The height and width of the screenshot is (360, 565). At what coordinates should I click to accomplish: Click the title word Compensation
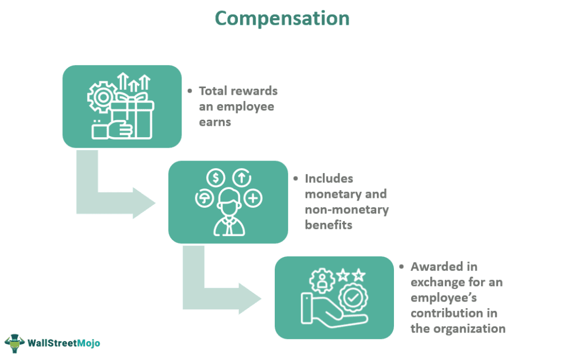[282, 18]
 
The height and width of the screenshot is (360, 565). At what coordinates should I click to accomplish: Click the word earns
[215, 121]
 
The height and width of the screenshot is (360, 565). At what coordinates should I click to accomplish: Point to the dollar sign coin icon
[215, 178]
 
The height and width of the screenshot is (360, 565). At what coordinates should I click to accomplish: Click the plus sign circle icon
[253, 198]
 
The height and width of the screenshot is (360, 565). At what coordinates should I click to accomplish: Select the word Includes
[329, 179]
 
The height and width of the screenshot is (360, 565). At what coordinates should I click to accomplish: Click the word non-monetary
[347, 209]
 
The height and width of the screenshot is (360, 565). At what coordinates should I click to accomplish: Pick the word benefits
[328, 225]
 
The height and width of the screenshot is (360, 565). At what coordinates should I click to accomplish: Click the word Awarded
[435, 267]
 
